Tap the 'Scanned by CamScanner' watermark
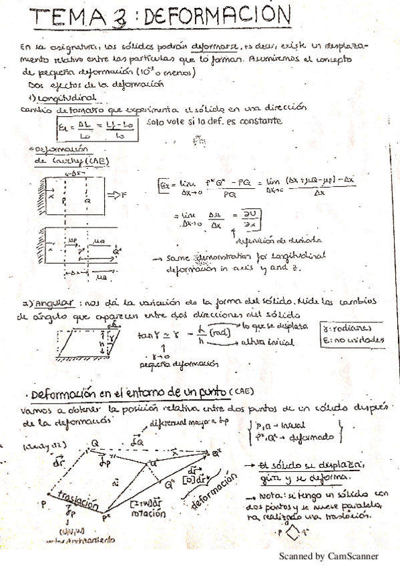[x=329, y=555]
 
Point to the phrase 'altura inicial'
[x=267, y=342]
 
